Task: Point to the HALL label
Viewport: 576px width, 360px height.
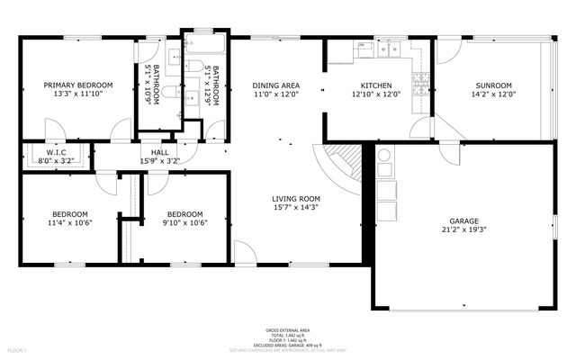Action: [159, 153]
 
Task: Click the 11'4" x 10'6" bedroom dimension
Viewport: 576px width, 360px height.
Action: [68, 222]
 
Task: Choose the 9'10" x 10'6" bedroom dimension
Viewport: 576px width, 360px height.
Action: [186, 222]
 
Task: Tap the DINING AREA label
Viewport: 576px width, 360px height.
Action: [276, 85]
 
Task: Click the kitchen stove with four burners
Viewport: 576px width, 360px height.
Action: [419, 85]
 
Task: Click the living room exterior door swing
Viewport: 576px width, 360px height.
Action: [246, 253]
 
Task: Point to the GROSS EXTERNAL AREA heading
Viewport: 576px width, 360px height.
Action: [287, 329]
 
